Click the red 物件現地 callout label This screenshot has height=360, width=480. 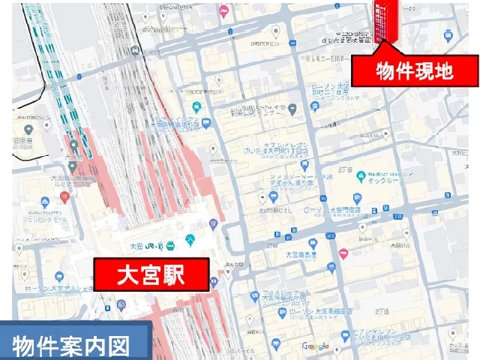(415, 72)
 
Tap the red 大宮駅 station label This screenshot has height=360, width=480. (150, 275)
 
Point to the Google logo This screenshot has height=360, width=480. (316, 346)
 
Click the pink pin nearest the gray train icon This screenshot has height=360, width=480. (223, 10)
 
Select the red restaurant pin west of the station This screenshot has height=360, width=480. (64, 197)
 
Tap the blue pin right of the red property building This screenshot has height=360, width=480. (448, 34)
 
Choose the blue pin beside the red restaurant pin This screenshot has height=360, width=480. (45, 202)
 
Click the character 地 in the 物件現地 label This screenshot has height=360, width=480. (460, 72)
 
